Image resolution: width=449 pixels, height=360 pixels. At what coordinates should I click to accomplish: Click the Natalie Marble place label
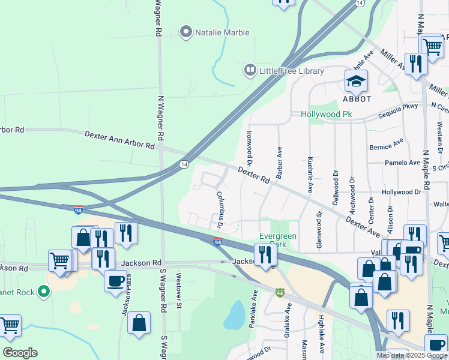(221, 32)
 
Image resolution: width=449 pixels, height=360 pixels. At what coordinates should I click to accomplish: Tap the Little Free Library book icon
(249, 71)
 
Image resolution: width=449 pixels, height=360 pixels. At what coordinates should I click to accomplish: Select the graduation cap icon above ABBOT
(356, 80)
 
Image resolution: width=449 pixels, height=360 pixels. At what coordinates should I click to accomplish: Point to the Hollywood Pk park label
(326, 114)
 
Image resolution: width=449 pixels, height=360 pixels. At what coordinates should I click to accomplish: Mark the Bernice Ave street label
(387, 146)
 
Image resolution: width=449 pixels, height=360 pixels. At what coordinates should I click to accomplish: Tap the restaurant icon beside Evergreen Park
(265, 254)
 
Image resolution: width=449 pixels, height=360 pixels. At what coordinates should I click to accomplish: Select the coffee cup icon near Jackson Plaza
(115, 280)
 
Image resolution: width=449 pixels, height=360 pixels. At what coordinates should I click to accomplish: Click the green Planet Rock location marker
(43, 292)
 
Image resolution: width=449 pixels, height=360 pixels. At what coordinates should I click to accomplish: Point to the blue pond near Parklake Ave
(235, 314)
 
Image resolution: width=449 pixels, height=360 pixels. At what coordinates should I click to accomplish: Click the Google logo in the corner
(20, 353)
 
